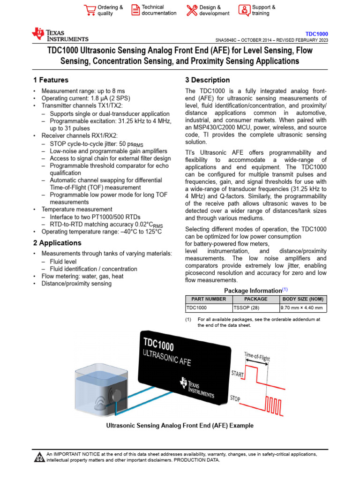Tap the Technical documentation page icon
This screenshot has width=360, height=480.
click(x=135, y=10)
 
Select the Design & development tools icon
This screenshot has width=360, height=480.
click(x=192, y=10)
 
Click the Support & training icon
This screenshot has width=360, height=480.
click(x=244, y=10)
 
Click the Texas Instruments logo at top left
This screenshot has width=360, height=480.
click(x=60, y=35)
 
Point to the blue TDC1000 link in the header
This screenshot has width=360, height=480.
click(x=316, y=34)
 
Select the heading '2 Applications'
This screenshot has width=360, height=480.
click(x=57, y=243)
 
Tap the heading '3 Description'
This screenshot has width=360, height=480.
click(x=207, y=80)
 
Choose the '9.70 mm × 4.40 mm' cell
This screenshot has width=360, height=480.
click(x=301, y=308)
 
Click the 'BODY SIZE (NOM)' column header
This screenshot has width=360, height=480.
click(x=303, y=299)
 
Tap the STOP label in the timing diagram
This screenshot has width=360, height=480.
click(x=235, y=399)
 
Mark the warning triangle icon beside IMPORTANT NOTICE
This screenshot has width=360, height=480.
click(x=39, y=457)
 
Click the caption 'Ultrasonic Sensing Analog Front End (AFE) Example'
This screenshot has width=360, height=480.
click(x=180, y=426)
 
